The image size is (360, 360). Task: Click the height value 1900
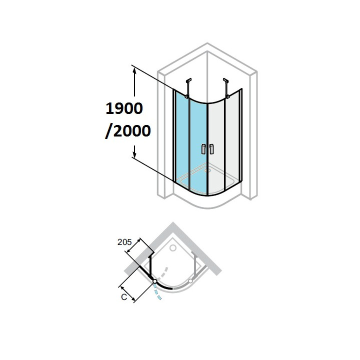coord(124,107)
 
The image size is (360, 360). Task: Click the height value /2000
coord(127,130)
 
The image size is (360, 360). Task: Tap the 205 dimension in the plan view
coord(124,242)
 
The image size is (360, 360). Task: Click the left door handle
coord(202,148)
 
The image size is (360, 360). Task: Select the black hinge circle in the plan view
coord(154,282)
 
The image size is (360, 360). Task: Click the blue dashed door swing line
coord(157,292)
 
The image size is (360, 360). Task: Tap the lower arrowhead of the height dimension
coord(134,153)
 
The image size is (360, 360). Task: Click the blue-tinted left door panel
coord(197,145)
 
